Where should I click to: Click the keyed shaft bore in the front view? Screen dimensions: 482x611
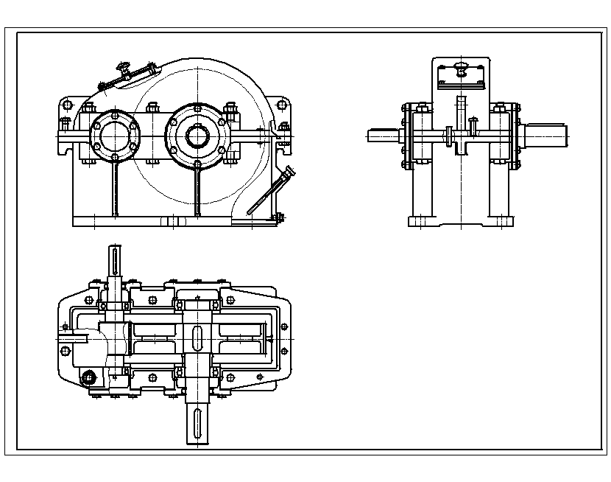click(197, 136)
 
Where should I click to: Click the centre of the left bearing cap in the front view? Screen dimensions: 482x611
click(113, 135)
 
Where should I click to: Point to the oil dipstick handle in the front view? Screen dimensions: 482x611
click(289, 173)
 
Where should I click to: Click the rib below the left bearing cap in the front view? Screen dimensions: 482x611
click(114, 188)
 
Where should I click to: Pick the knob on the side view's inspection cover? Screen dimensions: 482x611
click(461, 70)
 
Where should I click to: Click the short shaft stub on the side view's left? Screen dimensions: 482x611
click(383, 135)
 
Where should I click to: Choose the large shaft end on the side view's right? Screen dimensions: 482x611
click(545, 135)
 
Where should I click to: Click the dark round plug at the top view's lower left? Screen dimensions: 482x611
click(90, 377)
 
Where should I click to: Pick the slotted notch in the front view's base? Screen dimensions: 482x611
click(171, 220)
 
